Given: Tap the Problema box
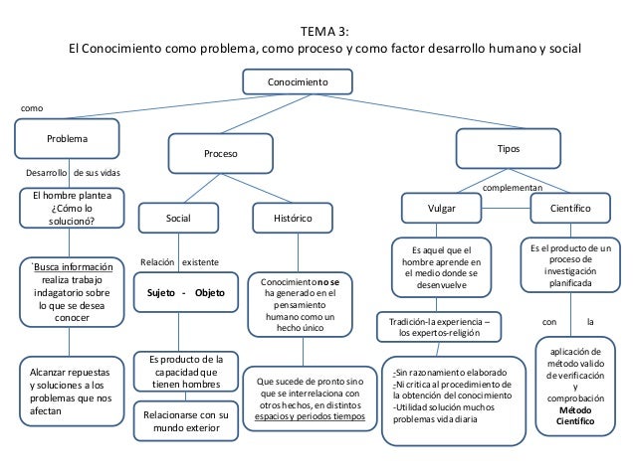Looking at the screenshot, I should [x=67, y=138].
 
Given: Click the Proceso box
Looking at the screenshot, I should [x=221, y=155].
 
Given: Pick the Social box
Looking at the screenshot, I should [x=179, y=216].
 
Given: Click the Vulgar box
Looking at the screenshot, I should [x=441, y=210].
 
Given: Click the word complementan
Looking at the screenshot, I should [x=513, y=187].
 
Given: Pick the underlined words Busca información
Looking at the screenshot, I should [x=71, y=266].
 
